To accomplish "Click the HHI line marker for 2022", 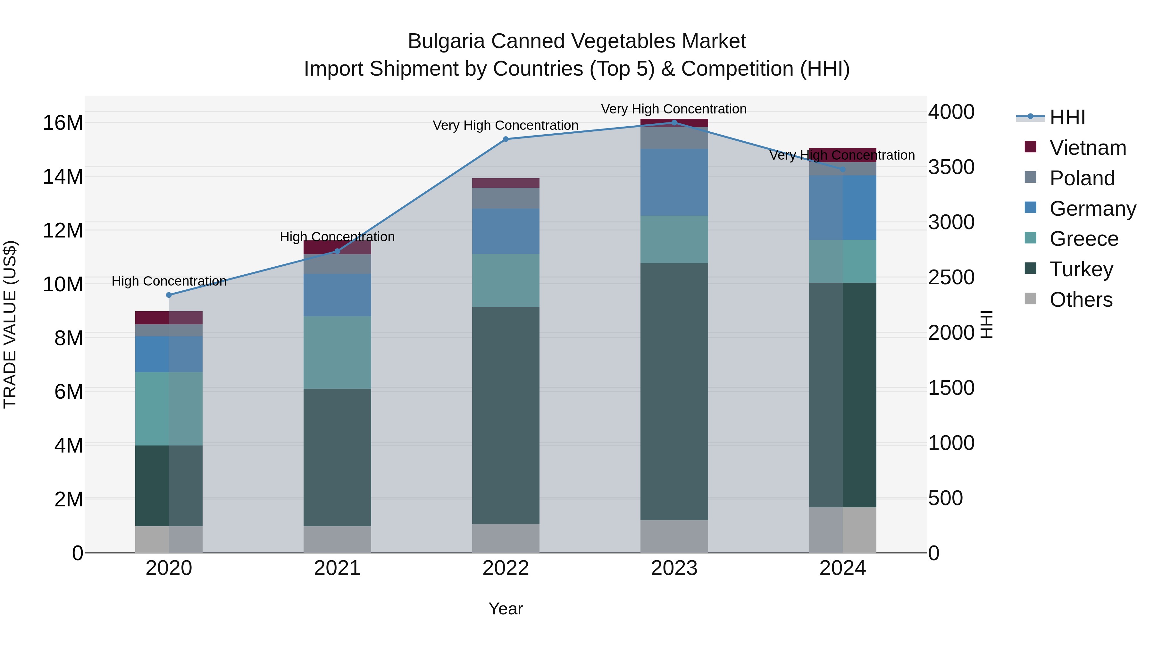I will (x=506, y=139).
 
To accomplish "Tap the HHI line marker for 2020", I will (x=169, y=295).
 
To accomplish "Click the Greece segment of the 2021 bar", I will (x=337, y=353).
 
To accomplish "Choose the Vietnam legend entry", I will (x=1088, y=148).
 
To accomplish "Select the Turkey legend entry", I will (x=1081, y=269).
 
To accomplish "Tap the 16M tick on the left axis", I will (x=63, y=123).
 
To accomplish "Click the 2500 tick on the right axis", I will (x=951, y=277).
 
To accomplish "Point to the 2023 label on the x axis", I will (x=674, y=568).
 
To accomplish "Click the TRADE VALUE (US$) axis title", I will (x=10, y=324).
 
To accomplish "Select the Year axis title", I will (x=506, y=609).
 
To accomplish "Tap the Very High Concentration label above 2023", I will (x=674, y=109).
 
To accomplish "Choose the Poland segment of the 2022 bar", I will (x=506, y=198).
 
